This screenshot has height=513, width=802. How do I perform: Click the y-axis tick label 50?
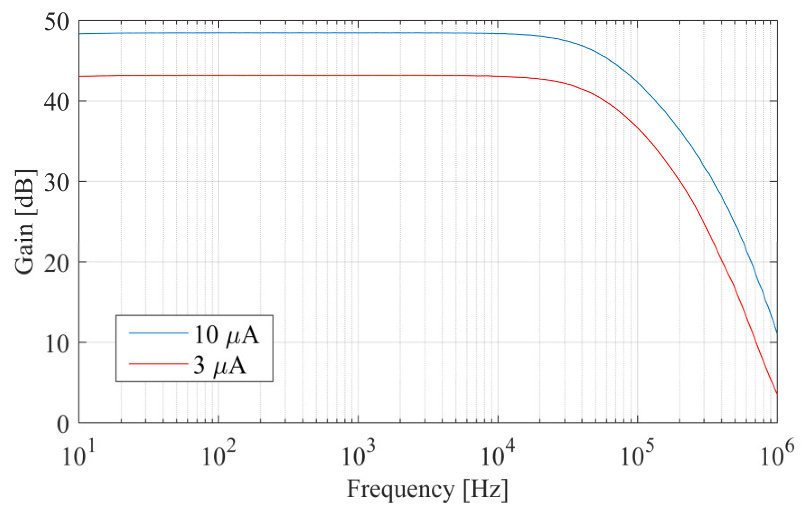(x=57, y=22)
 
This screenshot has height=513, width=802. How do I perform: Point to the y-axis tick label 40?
(x=57, y=102)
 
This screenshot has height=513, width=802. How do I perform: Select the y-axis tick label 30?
(x=57, y=183)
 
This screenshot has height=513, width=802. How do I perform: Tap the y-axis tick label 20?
(x=57, y=263)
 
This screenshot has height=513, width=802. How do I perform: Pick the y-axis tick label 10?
(x=57, y=344)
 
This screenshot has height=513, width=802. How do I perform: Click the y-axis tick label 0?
(x=63, y=424)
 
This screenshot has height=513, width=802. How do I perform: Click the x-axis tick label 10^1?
(x=78, y=455)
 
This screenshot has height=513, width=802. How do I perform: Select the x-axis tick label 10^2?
(x=218, y=455)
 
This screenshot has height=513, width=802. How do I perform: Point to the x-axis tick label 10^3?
(x=358, y=455)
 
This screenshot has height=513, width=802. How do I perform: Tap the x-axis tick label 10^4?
(x=497, y=455)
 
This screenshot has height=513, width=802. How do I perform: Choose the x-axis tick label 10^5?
(x=637, y=455)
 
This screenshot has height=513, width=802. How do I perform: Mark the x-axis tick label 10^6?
(x=777, y=455)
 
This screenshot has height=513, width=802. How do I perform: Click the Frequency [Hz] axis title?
(x=427, y=489)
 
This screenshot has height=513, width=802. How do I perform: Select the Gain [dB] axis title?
(x=25, y=222)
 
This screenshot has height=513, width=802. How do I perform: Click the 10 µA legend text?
(x=226, y=335)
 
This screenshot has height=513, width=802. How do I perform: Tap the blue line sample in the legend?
(x=158, y=333)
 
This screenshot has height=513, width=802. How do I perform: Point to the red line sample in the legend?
(x=158, y=363)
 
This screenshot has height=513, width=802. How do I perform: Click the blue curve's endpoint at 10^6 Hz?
(x=777, y=333)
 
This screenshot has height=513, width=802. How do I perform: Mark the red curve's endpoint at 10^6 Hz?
(x=777, y=393)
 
